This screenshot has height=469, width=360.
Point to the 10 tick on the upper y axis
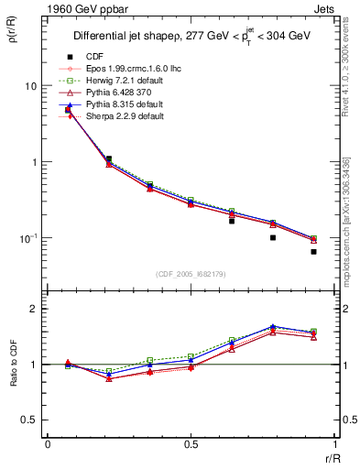30,86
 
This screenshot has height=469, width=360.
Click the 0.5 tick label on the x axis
191,446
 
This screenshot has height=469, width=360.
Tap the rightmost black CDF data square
313,251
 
